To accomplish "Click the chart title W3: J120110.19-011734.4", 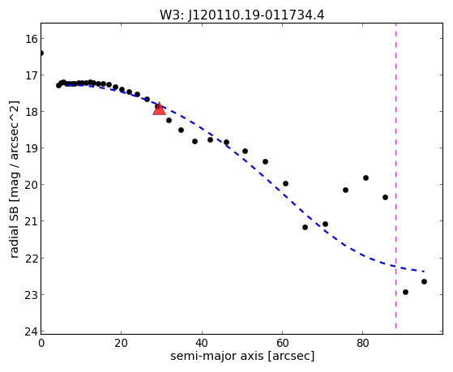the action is coord(241,15).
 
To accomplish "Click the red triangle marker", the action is coord(159,109).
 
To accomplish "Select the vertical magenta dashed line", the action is coord(395,176).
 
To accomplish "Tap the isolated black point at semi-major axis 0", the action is coord(41,53).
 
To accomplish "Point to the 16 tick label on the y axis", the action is coord(31,39).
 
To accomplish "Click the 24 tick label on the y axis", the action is coord(31,331).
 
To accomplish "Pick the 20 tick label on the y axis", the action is coord(31,185).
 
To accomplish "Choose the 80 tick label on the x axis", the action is coord(363,343).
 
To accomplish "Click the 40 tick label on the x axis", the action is coord(202,343).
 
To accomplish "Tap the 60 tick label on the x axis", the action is coord(282,343).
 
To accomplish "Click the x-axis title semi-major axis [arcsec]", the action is coord(242,356).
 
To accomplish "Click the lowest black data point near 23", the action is coord(405,292).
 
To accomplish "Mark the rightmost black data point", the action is coord(424,281).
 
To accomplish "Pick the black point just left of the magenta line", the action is coord(385,197).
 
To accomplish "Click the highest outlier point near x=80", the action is coord(365,177).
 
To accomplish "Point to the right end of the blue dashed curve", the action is coord(424,272).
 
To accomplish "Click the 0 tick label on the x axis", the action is coord(41,343).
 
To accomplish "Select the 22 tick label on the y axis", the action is coord(31,258).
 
